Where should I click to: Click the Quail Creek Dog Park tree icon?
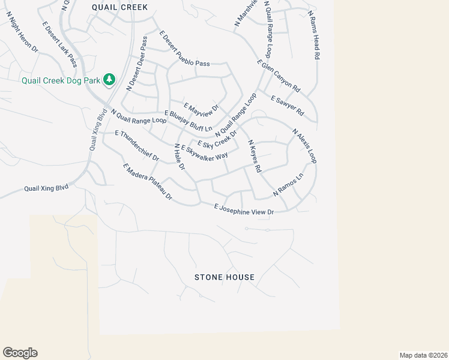(109, 80)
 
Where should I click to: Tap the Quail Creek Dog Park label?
(61, 80)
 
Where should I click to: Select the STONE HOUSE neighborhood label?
(224, 277)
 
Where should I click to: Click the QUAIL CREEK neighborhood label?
(119, 7)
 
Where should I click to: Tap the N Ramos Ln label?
(288, 185)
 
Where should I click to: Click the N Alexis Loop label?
(304, 146)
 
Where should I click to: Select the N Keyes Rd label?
(255, 157)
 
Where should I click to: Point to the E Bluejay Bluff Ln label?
(188, 121)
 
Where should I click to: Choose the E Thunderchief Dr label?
(136, 146)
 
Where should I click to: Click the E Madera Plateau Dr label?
(147, 182)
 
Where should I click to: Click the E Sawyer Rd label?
(288, 106)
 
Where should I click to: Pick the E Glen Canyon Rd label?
(278, 75)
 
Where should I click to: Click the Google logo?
(20, 353)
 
